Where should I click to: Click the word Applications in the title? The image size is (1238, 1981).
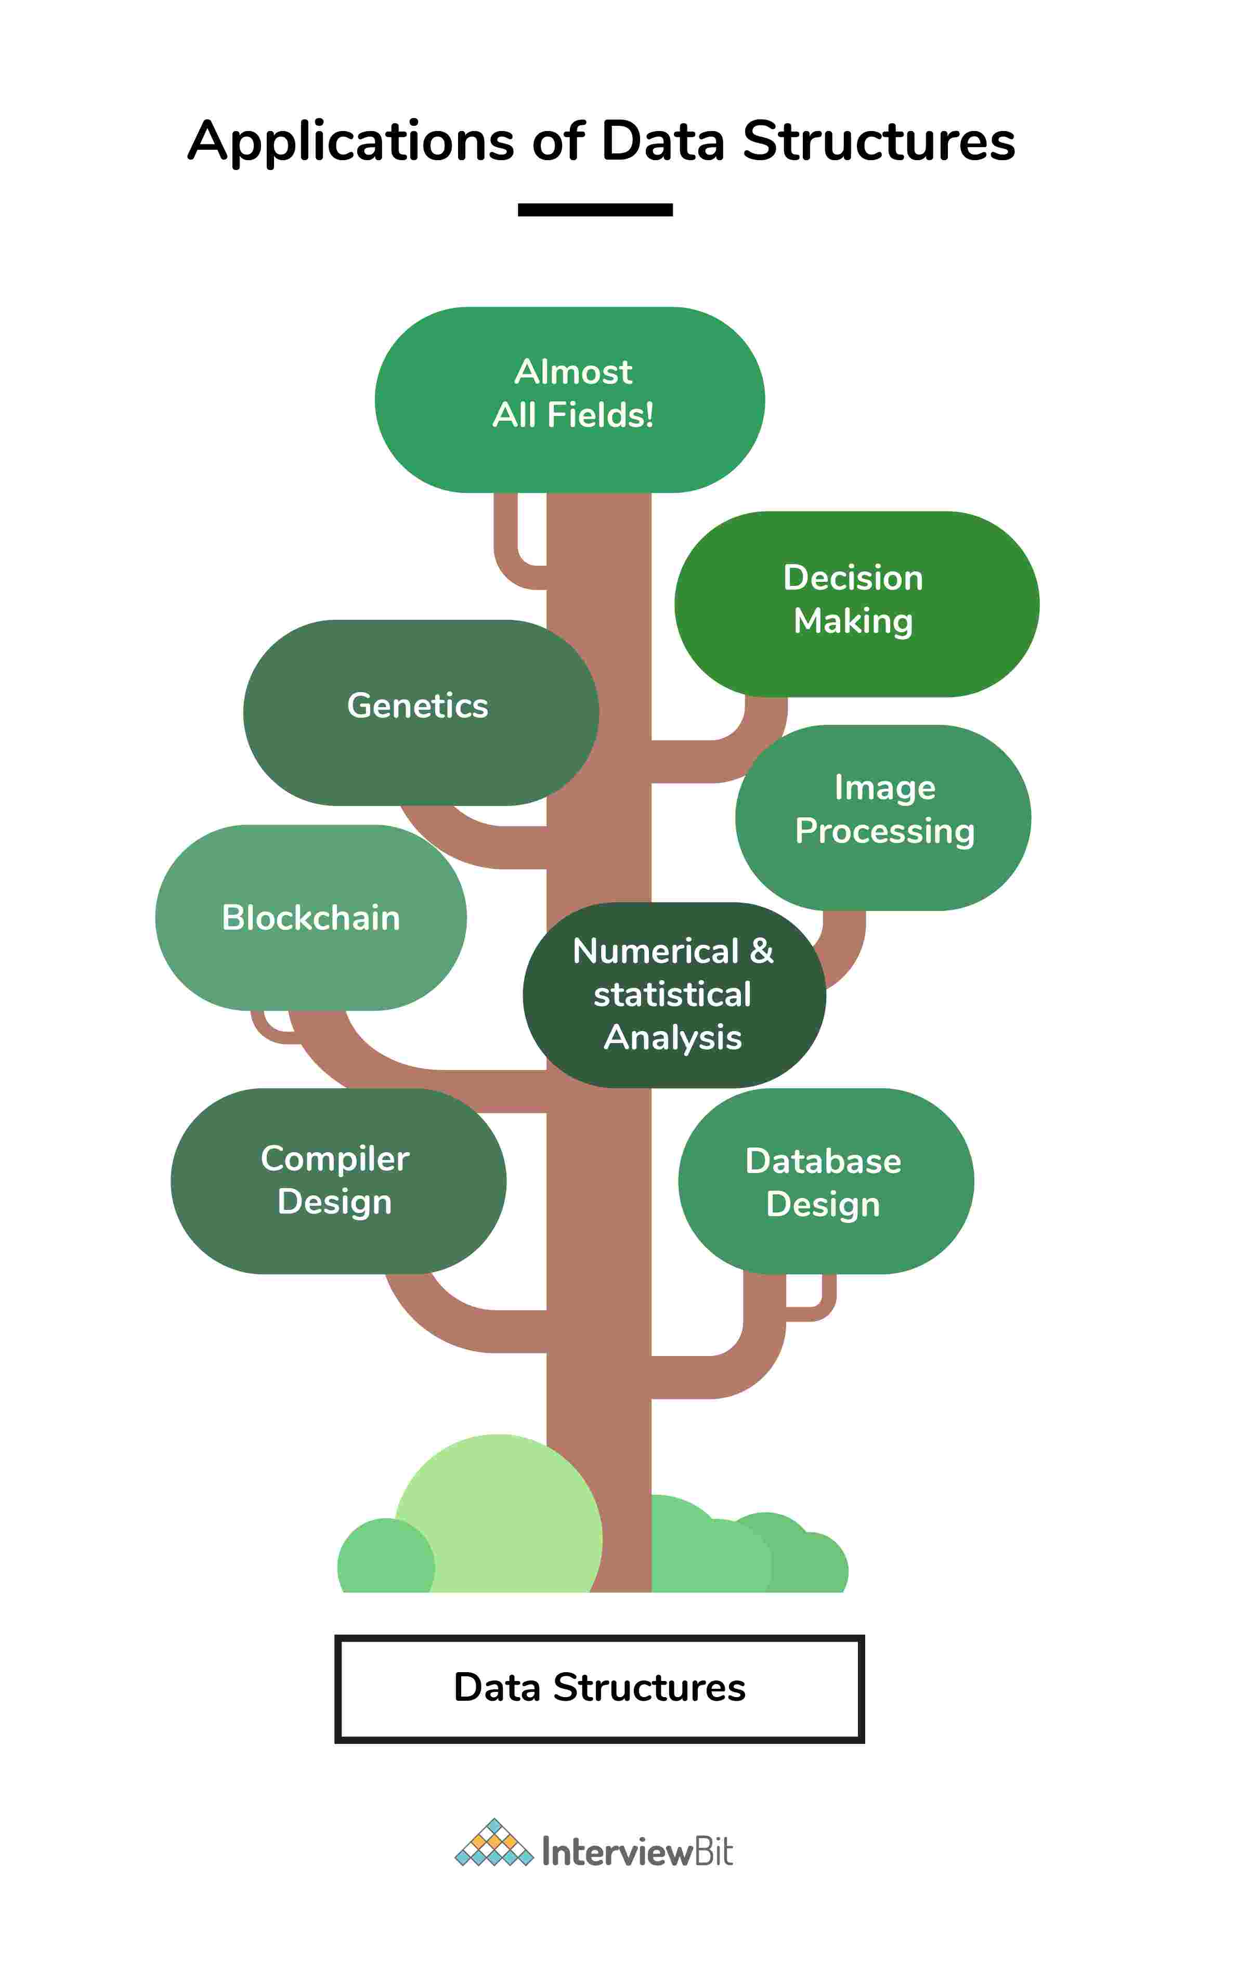pyautogui.click(x=350, y=141)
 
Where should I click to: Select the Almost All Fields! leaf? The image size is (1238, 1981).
pyautogui.click(x=570, y=399)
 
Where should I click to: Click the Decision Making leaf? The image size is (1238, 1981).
pyautogui.click(x=856, y=604)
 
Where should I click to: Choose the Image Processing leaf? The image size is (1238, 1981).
pyautogui.click(x=883, y=817)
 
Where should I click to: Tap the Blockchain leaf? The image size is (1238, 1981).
pyautogui.click(x=311, y=918)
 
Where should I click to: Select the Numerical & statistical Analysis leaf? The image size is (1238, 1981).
pyautogui.click(x=673, y=995)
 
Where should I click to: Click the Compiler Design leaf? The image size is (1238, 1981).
pyautogui.click(x=337, y=1180)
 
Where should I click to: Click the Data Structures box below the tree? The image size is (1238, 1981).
pyautogui.click(x=600, y=1688)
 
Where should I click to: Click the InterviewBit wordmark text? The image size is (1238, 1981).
pyautogui.click(x=637, y=1852)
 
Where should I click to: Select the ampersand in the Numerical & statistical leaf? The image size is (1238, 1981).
pyautogui.click(x=762, y=951)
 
